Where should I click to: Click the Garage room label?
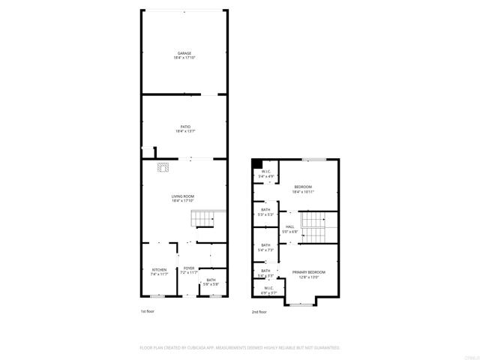pos(184,55)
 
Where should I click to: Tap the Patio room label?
pos(184,129)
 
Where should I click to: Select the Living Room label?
pos(183,198)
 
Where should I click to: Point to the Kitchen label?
pos(159,271)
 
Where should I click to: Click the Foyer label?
pos(189,270)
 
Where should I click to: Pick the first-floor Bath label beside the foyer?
pos(211,282)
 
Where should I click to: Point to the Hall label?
pos(289,228)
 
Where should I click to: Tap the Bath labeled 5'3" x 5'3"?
pos(265,212)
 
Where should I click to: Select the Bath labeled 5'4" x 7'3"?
pos(265,247)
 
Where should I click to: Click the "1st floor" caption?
pos(148,311)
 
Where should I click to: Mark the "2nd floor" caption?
pos(259,311)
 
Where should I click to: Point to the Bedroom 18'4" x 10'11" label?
pos(303,189)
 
